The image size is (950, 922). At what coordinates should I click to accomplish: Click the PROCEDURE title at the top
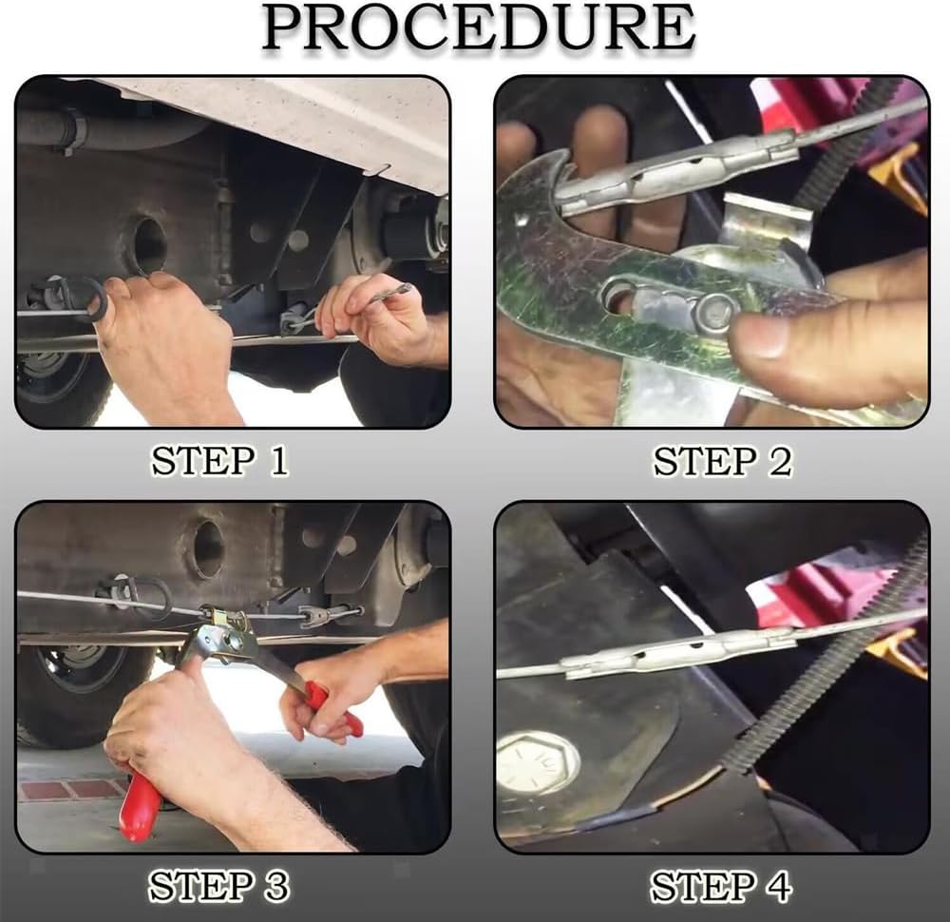point(479,28)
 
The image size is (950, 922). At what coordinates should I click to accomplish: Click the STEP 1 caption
point(219,461)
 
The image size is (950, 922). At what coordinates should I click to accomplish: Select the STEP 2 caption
point(722,461)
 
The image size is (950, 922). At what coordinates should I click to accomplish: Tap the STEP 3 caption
point(219,886)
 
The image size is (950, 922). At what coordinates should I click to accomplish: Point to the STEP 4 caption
point(721,886)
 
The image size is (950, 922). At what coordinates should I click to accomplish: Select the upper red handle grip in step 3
point(332,709)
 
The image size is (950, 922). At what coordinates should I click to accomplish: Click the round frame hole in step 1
point(148,244)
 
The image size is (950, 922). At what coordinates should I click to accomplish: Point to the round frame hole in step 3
point(207,548)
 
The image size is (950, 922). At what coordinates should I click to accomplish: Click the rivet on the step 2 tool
point(715,312)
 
